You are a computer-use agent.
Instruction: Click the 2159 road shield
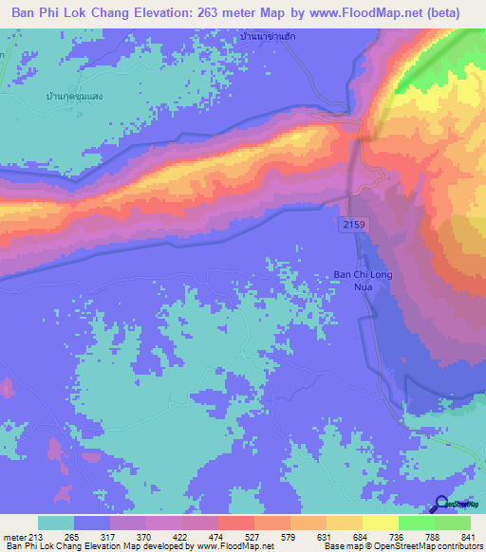[x=352, y=222]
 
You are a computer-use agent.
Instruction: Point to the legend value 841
[x=468, y=538]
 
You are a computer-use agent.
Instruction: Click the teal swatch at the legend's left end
[x=56, y=524]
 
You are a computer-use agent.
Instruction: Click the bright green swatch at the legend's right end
[x=452, y=524]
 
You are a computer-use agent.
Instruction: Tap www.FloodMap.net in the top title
[x=364, y=13]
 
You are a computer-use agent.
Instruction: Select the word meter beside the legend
[x=14, y=538]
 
